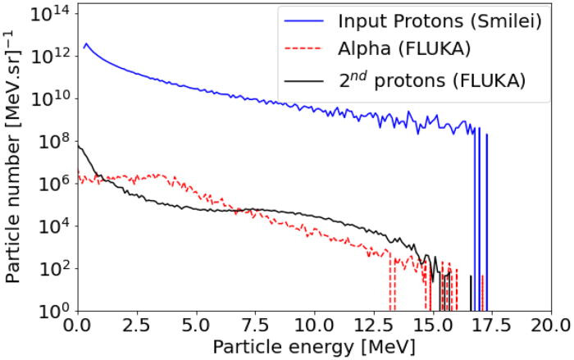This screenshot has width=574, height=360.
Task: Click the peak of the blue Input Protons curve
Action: point(85,44)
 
